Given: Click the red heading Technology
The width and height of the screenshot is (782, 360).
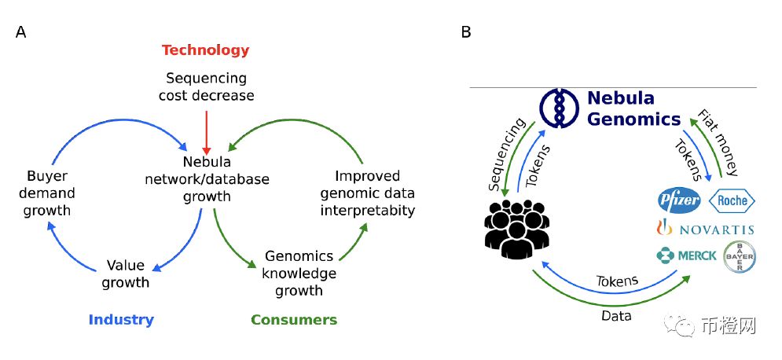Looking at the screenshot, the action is click(205, 50).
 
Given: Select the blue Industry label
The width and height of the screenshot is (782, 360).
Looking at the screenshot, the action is click(121, 320).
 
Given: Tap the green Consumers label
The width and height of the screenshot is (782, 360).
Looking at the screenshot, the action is click(294, 320).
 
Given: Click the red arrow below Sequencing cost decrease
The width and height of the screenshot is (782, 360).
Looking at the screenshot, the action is click(207, 133).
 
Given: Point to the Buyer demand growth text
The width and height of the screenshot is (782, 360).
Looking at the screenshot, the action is click(47, 193).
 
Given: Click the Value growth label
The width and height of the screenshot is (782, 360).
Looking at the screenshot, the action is click(126, 274).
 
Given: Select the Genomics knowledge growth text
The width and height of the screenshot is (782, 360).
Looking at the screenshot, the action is click(299, 274).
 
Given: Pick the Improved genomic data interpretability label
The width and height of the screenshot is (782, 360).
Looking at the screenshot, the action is click(368, 193).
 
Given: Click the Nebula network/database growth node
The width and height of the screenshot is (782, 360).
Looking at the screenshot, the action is click(207, 179).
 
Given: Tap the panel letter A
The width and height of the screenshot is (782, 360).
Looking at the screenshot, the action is click(21, 32).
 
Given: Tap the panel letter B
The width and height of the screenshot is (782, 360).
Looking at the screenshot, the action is click(466, 32).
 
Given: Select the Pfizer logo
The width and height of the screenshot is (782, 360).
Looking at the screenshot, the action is click(679, 201).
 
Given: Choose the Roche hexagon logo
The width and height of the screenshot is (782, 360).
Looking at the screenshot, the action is click(732, 201).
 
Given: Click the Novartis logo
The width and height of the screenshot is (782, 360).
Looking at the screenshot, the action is click(705, 229).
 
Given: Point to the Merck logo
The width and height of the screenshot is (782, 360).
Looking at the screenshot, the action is click(687, 255).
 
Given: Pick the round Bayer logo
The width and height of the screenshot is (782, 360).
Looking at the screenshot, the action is click(740, 257).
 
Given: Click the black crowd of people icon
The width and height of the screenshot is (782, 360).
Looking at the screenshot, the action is click(517, 229).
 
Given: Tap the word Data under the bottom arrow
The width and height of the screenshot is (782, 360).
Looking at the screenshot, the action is click(616, 316).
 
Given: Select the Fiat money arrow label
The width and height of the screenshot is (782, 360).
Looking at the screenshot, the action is click(718, 142).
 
